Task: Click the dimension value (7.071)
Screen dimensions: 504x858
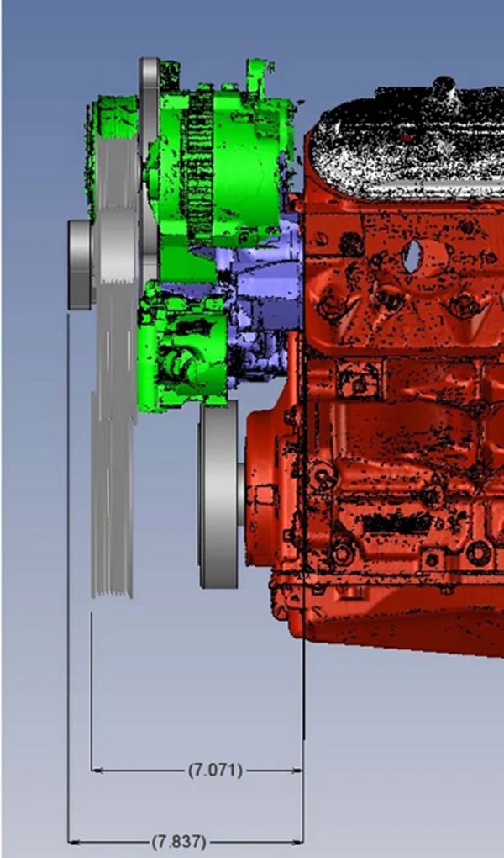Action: tap(215, 771)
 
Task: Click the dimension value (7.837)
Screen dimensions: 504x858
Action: tap(179, 841)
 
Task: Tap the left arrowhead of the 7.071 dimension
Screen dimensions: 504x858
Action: tap(97, 771)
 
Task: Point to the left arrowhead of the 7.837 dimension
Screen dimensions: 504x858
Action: tap(73, 841)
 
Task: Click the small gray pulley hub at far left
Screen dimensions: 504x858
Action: tap(81, 264)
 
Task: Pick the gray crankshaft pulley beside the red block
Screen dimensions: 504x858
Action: tap(220, 494)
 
